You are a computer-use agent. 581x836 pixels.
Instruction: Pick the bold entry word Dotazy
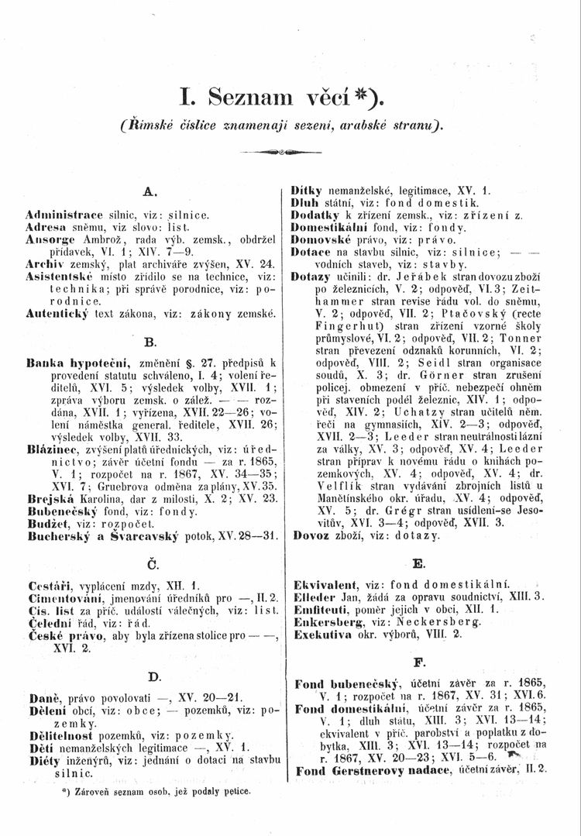[x=310, y=276]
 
